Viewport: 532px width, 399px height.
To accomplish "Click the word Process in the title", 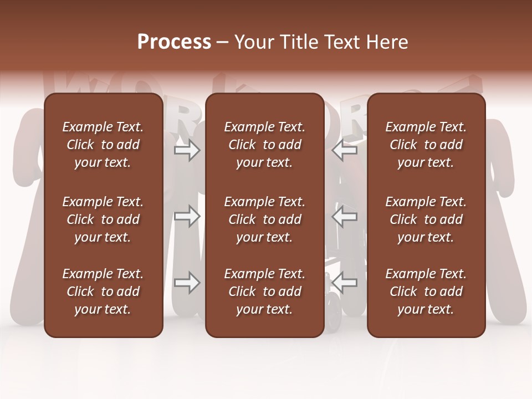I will click(174, 42).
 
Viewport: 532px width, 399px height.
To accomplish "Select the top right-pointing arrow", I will click(187, 151).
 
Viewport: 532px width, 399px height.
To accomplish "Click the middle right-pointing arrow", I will click(187, 216).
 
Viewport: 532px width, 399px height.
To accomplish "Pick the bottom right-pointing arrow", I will click(187, 283).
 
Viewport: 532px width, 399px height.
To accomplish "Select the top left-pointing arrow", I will click(345, 151).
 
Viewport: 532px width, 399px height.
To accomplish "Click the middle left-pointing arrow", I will click(345, 216).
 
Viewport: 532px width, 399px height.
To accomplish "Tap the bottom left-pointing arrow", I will click(345, 283).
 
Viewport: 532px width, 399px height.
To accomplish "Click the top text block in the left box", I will click(103, 145).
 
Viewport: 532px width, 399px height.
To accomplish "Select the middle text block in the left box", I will click(103, 219).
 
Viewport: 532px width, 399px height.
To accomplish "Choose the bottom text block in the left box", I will click(103, 291).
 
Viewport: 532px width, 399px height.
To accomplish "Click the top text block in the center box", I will click(265, 145).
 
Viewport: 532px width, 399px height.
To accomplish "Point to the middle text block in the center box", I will click(265, 219).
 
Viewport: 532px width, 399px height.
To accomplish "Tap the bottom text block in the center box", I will click(265, 291).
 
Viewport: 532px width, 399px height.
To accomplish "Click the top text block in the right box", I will click(426, 145).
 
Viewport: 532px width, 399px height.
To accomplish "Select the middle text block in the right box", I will click(426, 219).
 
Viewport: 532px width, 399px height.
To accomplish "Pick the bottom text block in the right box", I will click(426, 291).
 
